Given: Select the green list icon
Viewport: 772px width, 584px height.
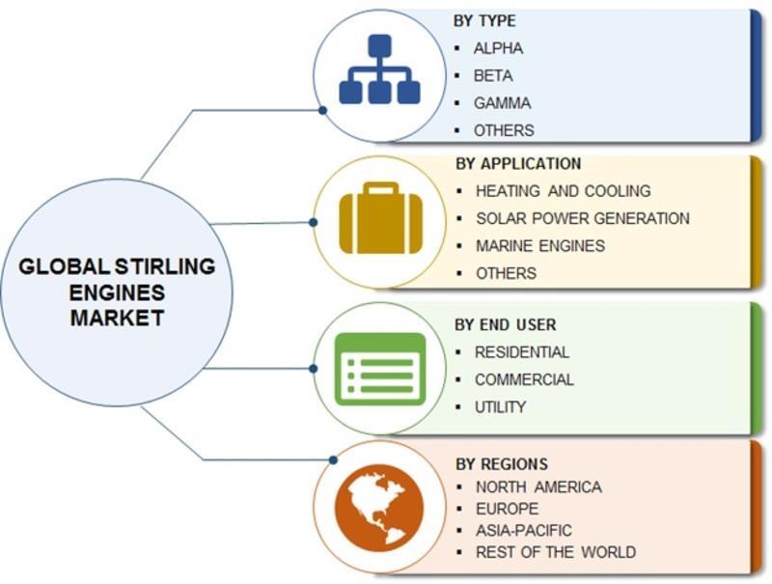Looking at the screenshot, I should [x=379, y=367].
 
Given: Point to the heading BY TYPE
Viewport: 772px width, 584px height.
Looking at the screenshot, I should [x=484, y=20].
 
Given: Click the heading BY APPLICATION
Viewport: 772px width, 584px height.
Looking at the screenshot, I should [x=517, y=163].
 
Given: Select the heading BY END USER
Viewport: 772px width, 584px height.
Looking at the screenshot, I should [x=505, y=325].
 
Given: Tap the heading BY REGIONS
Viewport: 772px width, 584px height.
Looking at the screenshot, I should [x=501, y=463].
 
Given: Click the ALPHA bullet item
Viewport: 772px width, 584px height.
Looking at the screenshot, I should [x=498, y=47].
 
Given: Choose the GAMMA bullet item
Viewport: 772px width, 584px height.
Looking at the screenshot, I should [x=502, y=102].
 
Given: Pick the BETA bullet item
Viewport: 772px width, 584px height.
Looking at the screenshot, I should [x=493, y=75].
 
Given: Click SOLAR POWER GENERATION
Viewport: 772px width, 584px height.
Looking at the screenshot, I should [x=582, y=218].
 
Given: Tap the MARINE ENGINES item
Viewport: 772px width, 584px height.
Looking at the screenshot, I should [x=540, y=245].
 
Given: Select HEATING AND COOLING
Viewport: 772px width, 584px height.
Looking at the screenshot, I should [x=563, y=191].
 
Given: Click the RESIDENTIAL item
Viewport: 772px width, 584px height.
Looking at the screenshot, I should [x=521, y=352].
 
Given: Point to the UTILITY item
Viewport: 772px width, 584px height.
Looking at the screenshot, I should [x=500, y=407].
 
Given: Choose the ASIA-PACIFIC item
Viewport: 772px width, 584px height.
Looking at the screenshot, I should [x=523, y=530].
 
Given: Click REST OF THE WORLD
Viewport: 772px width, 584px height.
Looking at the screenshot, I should [x=555, y=552].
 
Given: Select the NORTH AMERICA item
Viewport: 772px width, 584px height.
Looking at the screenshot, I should [x=538, y=487].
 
